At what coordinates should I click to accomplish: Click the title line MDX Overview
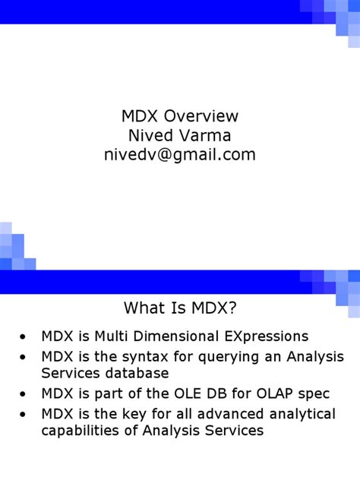pyautogui.click(x=180, y=116)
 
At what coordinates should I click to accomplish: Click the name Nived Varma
pyautogui.click(x=180, y=135)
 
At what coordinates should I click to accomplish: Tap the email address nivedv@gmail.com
pyautogui.click(x=180, y=154)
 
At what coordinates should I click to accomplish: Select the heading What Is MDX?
pyautogui.click(x=180, y=309)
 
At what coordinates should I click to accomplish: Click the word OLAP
pyautogui.click(x=282, y=394)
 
